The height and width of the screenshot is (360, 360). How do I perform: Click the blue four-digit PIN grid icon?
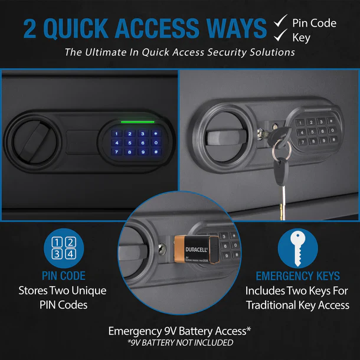tap(64, 248)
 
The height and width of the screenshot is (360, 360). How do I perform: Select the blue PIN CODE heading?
tap(64, 276)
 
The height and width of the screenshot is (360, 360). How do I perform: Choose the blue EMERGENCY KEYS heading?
tap(297, 276)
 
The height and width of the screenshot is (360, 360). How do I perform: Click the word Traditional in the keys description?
tap(277, 305)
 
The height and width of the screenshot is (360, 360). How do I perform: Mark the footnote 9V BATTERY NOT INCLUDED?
tap(181, 343)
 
